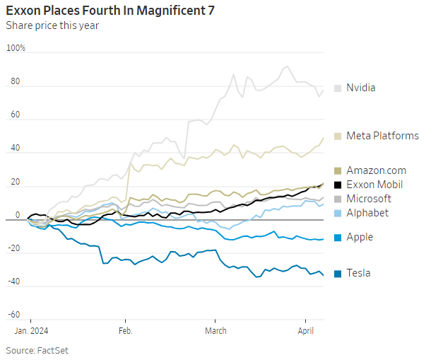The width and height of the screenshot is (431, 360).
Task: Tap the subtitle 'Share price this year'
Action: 52,25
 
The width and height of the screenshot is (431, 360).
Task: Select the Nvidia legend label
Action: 360,88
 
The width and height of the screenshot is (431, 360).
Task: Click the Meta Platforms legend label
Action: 382,136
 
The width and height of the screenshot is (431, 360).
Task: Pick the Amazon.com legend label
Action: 376,170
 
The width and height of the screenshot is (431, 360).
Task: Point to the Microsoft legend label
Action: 368,199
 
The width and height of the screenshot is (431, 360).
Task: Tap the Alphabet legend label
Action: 367,213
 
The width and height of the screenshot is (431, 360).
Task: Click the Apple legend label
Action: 360,237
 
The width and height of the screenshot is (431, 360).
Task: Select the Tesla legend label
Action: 358,273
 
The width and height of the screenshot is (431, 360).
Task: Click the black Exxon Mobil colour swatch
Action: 338,185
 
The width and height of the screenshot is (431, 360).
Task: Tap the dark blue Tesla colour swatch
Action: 338,273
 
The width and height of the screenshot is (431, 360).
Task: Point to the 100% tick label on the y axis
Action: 16,48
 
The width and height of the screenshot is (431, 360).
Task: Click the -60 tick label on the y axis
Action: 14,315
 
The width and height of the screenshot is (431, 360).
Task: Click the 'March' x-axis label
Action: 215,330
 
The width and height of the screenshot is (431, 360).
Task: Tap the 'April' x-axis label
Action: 306,330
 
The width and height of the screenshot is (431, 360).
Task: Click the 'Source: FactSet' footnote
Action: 37,350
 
